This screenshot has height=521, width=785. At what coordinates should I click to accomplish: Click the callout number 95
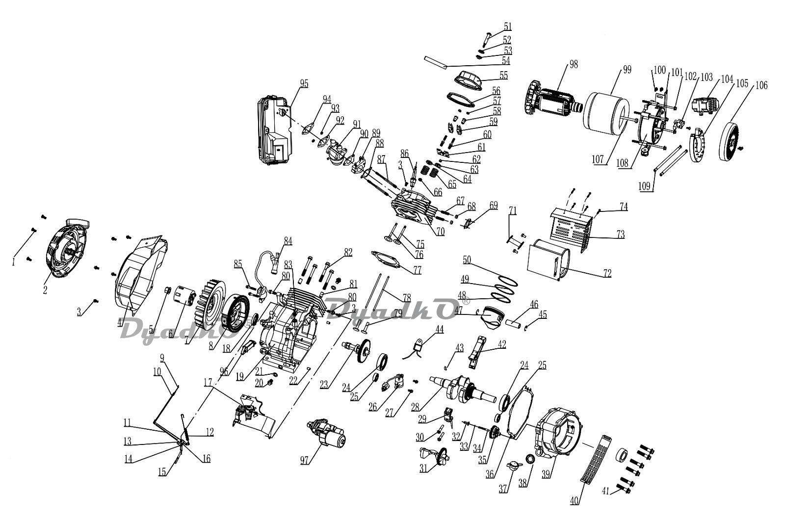pos(304,84)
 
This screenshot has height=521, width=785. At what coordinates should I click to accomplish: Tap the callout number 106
pos(761,85)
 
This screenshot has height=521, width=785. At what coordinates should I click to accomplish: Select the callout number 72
pos(607,273)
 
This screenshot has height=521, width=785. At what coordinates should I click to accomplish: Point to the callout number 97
pos(305,460)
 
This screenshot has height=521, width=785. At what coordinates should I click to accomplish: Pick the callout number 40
pos(575,501)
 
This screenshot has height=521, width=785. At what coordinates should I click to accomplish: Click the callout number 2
pos(45,290)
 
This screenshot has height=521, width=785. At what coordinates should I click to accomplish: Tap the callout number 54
pos(506,61)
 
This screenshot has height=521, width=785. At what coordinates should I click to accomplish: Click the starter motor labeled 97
pos(327,434)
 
